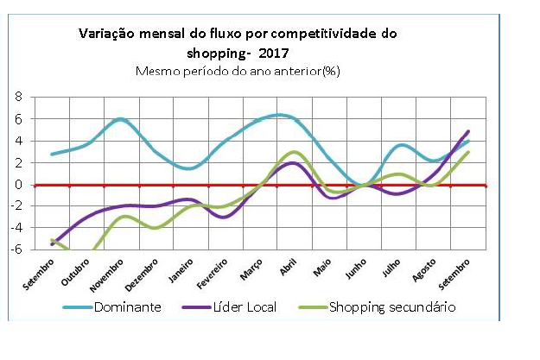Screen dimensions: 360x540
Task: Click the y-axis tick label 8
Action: click(17, 98)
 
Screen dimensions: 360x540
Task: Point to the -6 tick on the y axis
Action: click(15, 249)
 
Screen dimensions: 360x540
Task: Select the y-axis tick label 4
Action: click(17, 141)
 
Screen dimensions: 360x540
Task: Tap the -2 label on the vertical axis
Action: click(15, 206)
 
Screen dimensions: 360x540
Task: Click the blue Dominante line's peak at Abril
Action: click(278, 115)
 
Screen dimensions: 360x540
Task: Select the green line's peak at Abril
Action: click(293, 152)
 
